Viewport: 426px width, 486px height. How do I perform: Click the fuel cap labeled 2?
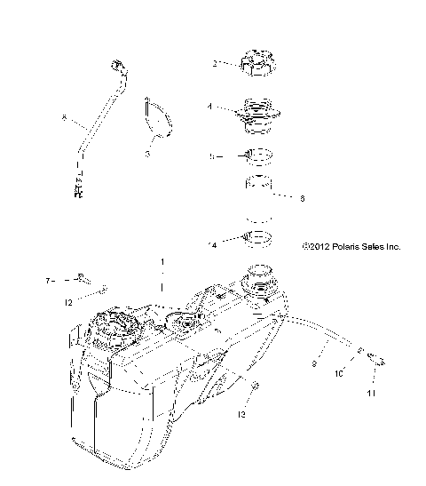point(254,64)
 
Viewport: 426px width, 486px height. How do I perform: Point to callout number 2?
point(215,63)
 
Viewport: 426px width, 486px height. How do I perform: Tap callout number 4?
point(210,107)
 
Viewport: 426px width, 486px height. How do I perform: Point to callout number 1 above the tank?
point(162,263)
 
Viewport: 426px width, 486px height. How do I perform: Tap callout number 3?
point(148,154)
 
